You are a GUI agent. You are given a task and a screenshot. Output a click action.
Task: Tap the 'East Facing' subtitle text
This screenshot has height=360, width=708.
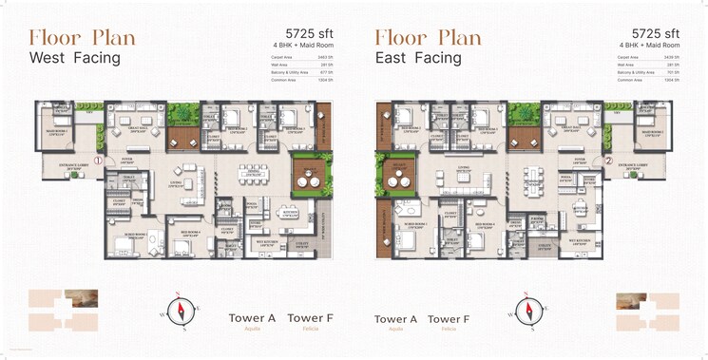417,58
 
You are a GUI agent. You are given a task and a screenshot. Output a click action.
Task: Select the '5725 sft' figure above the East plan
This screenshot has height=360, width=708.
654,33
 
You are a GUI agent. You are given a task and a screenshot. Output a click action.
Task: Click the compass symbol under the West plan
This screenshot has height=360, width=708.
181,310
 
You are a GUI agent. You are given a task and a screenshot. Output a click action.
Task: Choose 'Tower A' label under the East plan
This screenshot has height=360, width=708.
396,319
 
